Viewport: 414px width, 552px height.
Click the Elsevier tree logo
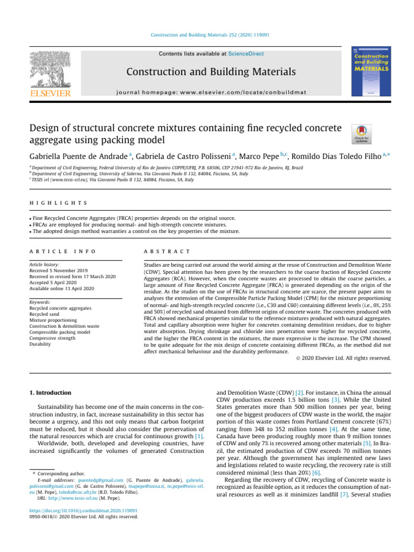(x=49, y=70)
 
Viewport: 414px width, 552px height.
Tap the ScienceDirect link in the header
(x=246, y=54)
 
